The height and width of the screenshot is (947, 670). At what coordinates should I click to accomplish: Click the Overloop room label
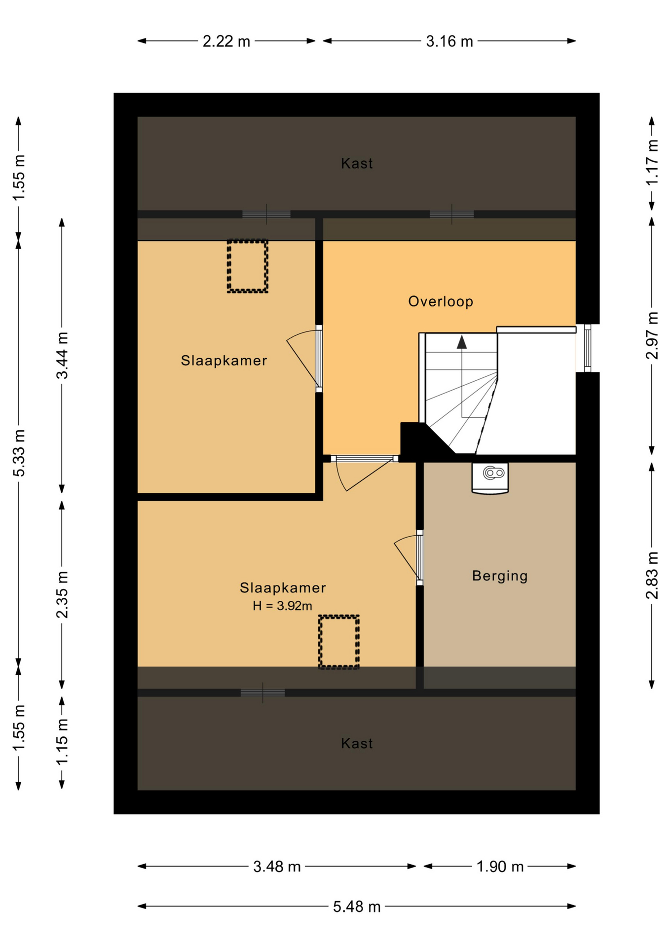(x=440, y=301)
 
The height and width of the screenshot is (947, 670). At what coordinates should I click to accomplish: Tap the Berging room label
(x=500, y=576)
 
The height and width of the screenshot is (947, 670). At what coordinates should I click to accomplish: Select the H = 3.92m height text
(x=282, y=606)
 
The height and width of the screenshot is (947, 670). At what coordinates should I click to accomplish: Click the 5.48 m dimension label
(x=357, y=907)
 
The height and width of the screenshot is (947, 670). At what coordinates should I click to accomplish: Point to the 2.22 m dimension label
(x=226, y=41)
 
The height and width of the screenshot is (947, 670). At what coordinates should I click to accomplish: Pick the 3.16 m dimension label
(x=449, y=41)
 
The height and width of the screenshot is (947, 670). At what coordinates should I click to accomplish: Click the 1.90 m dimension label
(x=500, y=866)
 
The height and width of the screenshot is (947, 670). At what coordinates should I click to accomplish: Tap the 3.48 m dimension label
(x=277, y=866)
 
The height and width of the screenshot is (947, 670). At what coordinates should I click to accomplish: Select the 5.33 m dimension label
(x=19, y=453)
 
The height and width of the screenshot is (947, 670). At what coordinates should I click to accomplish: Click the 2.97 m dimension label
(x=652, y=335)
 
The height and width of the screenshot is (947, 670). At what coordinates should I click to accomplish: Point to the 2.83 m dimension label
(x=652, y=575)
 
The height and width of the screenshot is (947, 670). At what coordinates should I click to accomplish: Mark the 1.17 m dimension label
(x=652, y=162)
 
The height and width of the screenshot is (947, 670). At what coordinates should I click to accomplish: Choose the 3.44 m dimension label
(x=62, y=355)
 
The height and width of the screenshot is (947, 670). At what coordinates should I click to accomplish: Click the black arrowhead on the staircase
(x=462, y=342)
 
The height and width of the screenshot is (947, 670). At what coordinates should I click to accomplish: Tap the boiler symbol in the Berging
(x=490, y=477)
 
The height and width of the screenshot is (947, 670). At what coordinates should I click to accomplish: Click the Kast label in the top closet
(x=357, y=163)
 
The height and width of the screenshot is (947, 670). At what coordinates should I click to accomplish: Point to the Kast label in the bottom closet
(x=357, y=743)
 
